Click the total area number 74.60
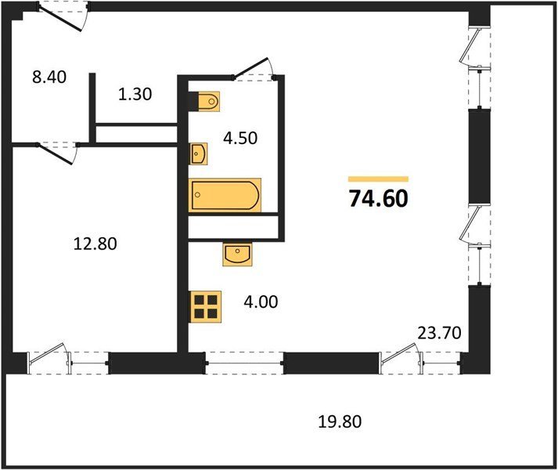coord(378,199)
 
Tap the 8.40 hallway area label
coord(49,77)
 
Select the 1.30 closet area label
coord(135,95)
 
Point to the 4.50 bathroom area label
coord(240,138)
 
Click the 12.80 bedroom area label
coord(95,244)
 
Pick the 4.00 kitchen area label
coord(261,302)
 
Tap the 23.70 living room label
coord(439,333)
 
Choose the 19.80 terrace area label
coord(340,422)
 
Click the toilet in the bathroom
coord(208,102)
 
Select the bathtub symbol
coord(225,195)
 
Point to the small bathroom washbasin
coord(198,154)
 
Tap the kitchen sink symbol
coord(237,255)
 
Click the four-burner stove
coord(206,307)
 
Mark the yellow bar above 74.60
coord(378,179)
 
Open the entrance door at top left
coord(63,18)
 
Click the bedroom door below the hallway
coord(57,154)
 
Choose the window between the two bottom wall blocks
coord(243,363)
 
